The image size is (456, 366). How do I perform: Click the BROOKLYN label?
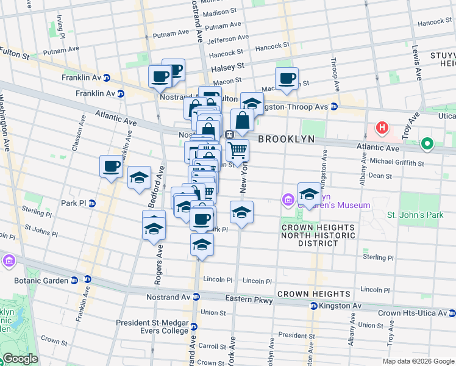tap(286, 139)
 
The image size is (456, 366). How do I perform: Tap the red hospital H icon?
tap(382, 128)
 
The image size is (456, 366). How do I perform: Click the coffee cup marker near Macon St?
tap(287, 79)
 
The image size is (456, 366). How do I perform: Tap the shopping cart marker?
tap(237, 149)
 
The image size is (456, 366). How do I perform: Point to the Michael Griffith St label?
tap(396, 163)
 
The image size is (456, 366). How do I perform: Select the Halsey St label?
tap(227, 66)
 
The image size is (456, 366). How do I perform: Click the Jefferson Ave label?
tap(226, 41)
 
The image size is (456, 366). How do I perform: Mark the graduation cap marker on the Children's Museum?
tap(309, 193)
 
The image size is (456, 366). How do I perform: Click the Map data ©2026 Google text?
tap(418, 361)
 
